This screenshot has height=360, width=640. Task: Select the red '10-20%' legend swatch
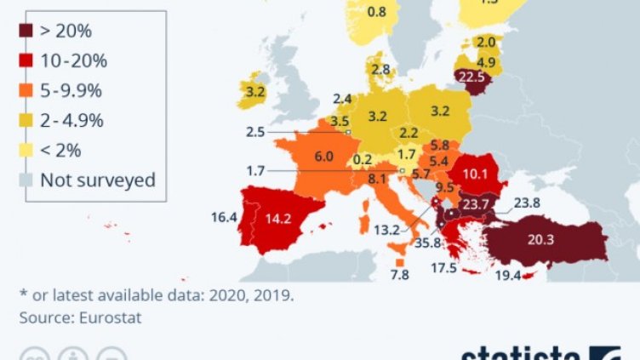tap(26, 61)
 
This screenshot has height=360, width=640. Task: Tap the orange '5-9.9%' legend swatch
tap(26, 91)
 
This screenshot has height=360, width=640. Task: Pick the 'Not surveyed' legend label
tap(98, 180)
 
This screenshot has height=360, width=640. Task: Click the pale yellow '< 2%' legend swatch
tap(26, 150)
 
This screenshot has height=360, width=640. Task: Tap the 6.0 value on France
tap(323, 157)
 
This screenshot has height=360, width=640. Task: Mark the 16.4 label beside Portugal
tap(225, 217)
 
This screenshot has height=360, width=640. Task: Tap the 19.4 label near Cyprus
tap(509, 276)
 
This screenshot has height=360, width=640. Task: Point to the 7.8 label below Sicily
tap(398, 274)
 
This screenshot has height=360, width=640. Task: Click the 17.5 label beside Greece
tap(444, 268)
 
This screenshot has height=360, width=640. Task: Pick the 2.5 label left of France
tap(254, 132)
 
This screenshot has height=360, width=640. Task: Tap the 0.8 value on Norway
tap(376, 12)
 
